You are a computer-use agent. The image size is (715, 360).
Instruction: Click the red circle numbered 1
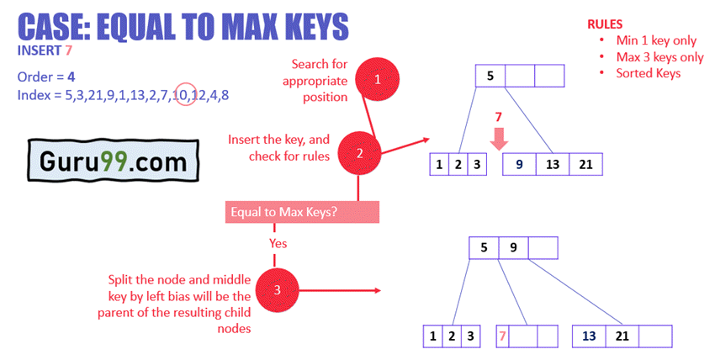tap(378, 80)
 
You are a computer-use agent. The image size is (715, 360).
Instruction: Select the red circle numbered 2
tap(359, 153)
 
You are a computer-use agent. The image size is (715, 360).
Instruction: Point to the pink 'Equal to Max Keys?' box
tap(302, 212)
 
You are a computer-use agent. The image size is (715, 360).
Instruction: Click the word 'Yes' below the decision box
tap(278, 243)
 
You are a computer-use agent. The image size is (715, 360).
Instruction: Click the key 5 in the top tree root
tap(490, 75)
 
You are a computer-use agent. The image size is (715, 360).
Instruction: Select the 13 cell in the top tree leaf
tap(553, 165)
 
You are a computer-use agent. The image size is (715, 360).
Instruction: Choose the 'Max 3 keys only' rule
tap(659, 57)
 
